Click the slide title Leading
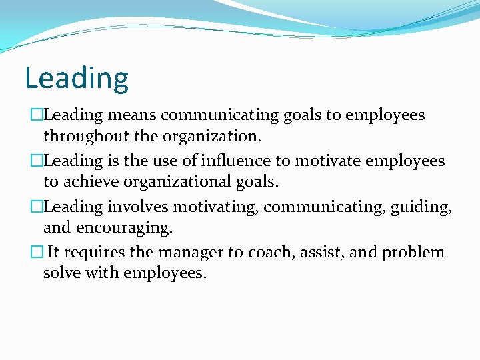point(76,78)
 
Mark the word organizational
point(190,182)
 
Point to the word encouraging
point(125,228)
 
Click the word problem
point(413,253)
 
